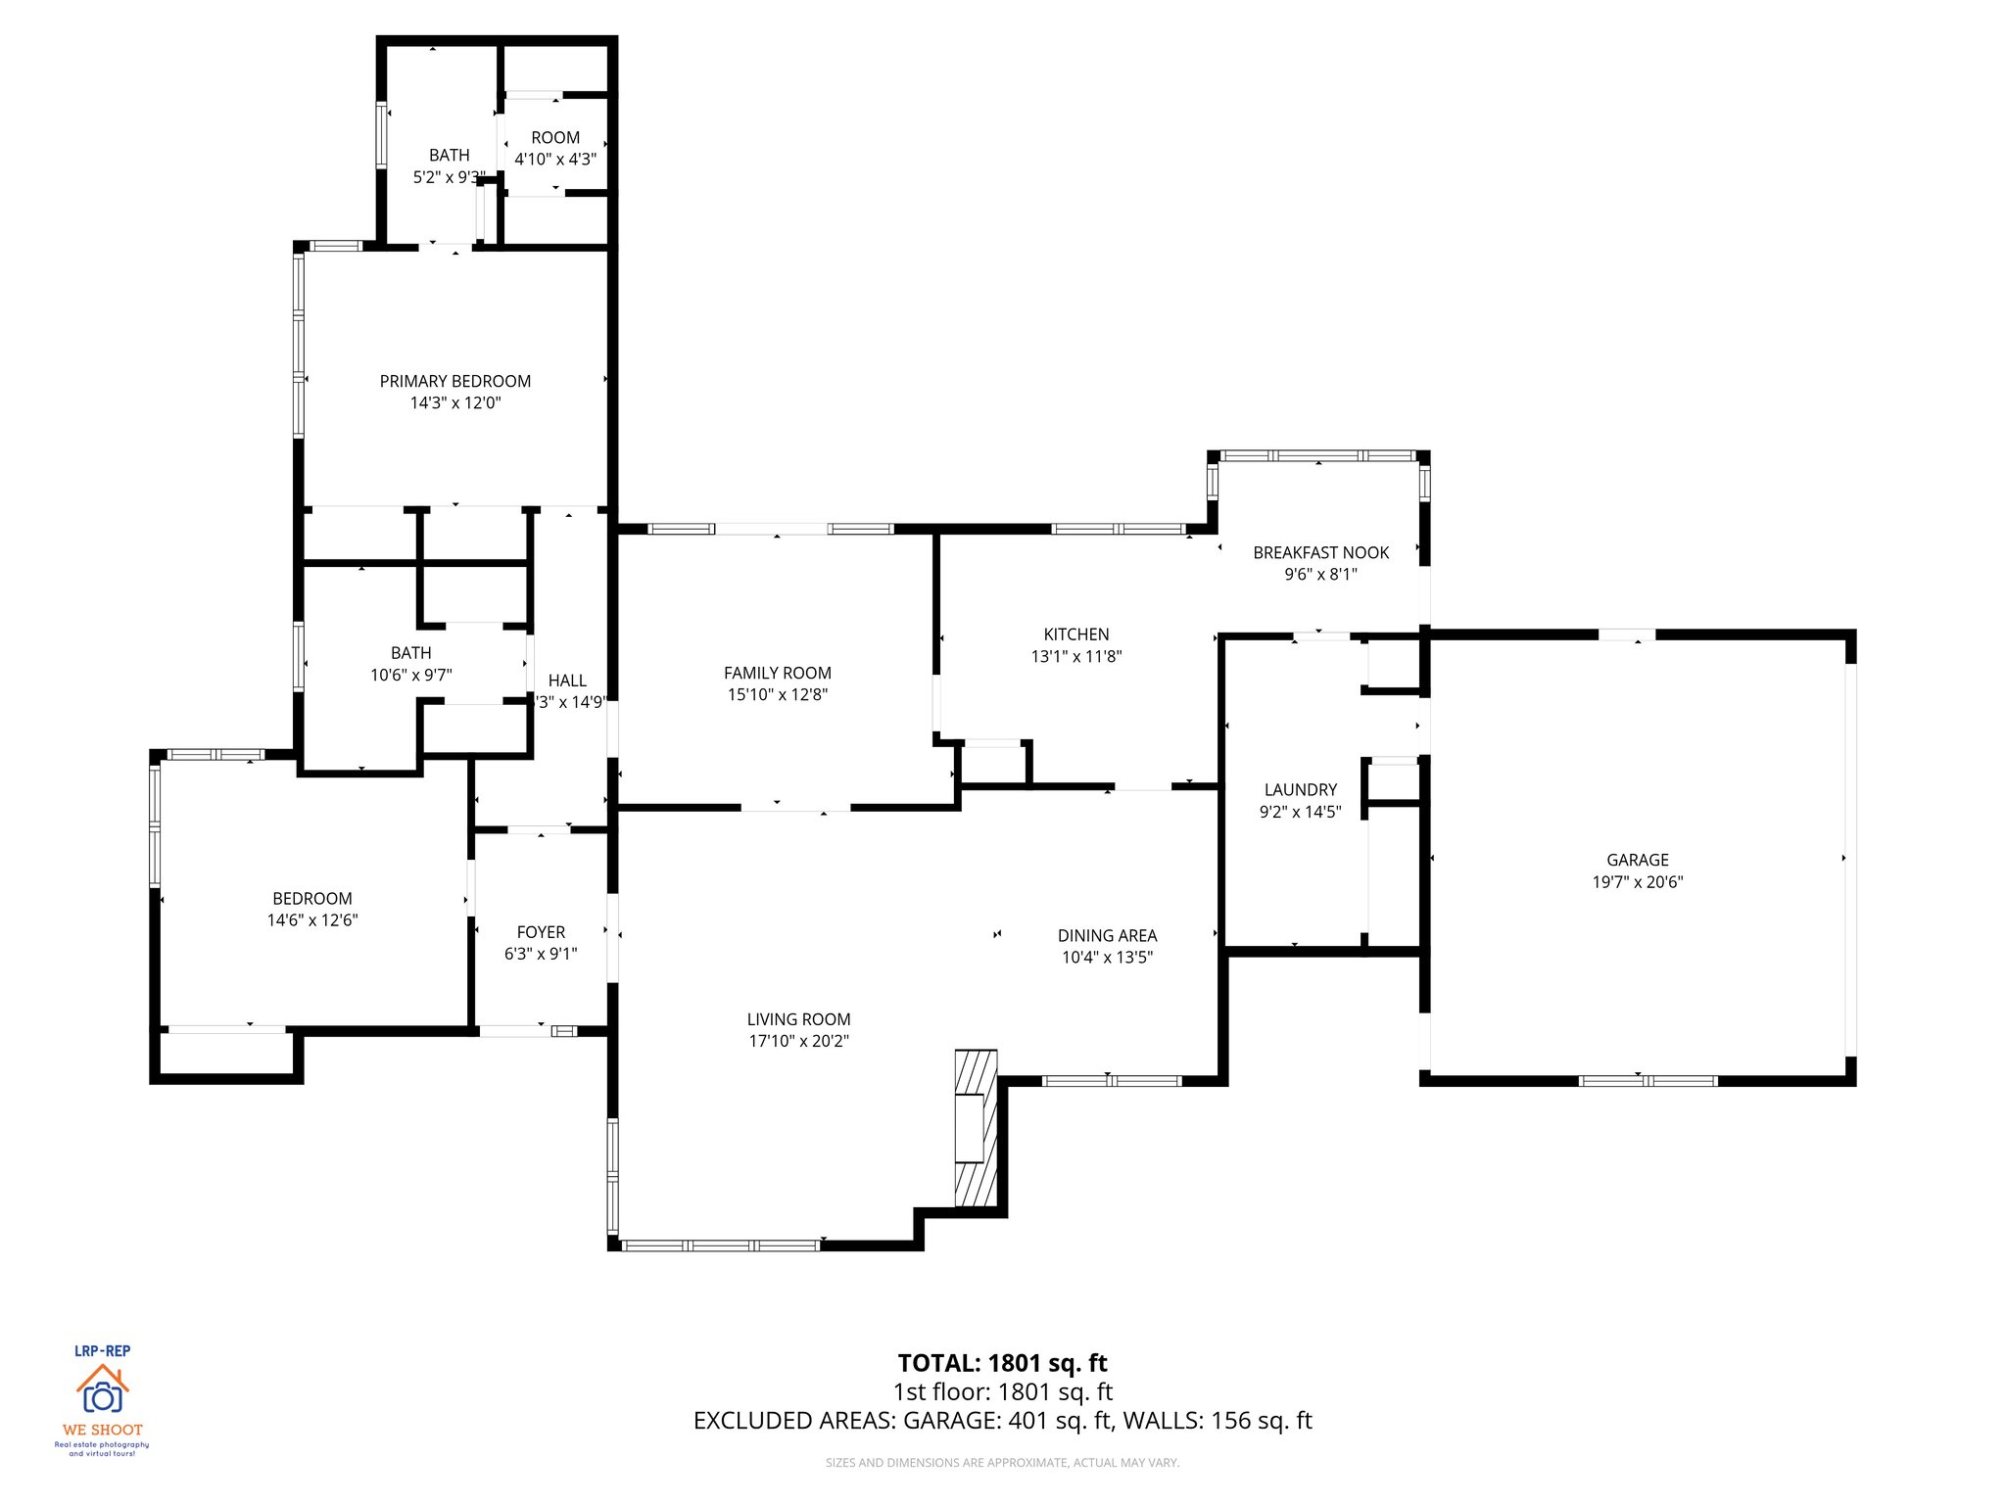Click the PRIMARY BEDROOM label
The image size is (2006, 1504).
coord(455,381)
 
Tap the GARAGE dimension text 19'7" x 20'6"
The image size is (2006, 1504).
coord(1637,881)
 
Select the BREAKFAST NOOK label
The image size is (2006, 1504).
coord(1320,552)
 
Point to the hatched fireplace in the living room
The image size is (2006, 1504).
coord(976,1128)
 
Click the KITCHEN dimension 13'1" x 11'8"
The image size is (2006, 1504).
coord(1075,656)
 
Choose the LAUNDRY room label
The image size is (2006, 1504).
coord(1300,789)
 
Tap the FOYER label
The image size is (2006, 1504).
coord(541,932)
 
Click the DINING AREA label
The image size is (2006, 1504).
coord(1107,935)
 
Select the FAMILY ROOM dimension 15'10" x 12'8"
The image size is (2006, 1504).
coord(777,694)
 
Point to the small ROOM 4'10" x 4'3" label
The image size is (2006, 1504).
coord(555,138)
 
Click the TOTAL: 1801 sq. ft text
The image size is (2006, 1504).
coord(1002,1362)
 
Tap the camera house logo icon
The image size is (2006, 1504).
coord(102,1389)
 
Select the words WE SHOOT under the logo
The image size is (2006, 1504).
coord(102,1430)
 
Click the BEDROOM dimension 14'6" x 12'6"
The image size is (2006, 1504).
coord(312,919)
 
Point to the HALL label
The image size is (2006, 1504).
coord(567,680)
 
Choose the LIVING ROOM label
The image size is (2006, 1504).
coord(798,1018)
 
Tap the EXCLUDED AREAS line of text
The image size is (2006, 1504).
coord(1002,1420)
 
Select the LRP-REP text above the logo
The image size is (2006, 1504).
coord(102,1350)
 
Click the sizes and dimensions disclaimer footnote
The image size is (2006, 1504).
coord(1002,1462)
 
